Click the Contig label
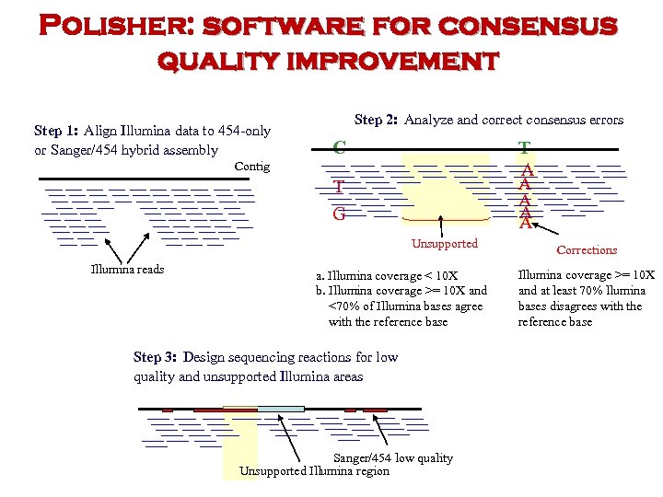[252, 167]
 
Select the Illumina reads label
[127, 269]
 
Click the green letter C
[340, 147]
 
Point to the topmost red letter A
[527, 170]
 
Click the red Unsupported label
[445, 244]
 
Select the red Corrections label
[587, 249]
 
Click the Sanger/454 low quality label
[392, 457]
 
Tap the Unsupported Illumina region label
[314, 471]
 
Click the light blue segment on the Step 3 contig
[281, 409]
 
